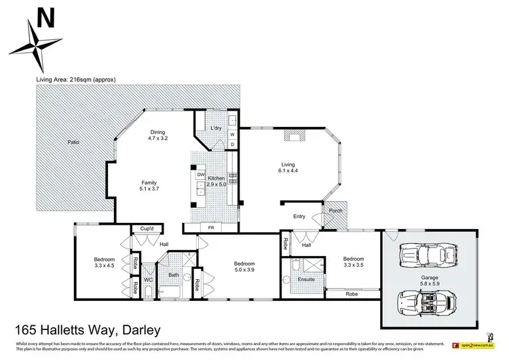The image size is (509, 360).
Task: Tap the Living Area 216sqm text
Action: coord(76,79)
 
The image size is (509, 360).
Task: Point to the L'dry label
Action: coord(216,129)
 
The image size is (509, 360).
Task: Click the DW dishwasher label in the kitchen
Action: coord(200,175)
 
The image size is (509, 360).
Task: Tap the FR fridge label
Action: coord(211,228)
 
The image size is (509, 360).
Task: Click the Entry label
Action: coord(299,217)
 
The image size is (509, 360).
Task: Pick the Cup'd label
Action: coord(147,230)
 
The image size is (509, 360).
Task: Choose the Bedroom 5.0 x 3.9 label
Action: coord(244,268)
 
